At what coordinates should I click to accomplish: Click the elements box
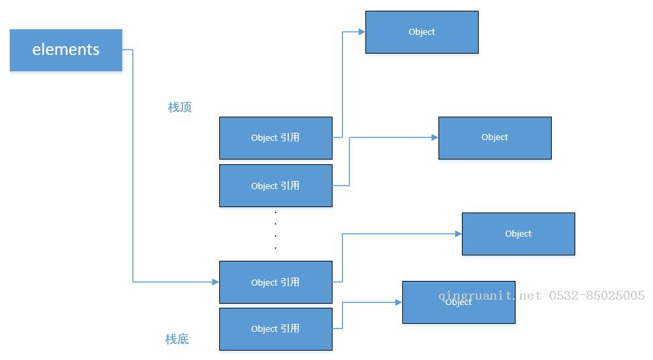tap(66, 50)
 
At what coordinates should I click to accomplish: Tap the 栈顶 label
tap(180, 107)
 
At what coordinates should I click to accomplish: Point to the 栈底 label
tap(177, 339)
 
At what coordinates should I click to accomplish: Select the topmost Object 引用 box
tap(276, 138)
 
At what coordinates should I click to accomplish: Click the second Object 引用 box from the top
tap(276, 186)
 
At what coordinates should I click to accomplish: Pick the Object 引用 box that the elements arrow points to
tap(276, 282)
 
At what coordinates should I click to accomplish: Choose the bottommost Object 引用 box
tap(276, 329)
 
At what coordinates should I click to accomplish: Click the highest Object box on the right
tap(422, 32)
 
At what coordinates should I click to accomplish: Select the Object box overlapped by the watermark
tap(459, 302)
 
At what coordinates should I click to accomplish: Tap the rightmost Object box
tap(518, 234)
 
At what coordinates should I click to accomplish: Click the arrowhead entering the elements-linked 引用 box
tap(216, 282)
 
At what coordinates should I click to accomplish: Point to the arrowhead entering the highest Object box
tap(362, 32)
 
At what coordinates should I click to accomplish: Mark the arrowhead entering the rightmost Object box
tap(459, 234)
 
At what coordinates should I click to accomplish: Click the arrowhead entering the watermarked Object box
tap(398, 302)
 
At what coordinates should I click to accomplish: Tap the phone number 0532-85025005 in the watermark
tap(597, 296)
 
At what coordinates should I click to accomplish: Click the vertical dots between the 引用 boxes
tap(276, 231)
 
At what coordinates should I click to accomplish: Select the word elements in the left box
tap(66, 50)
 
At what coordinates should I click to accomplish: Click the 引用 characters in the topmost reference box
tap(290, 137)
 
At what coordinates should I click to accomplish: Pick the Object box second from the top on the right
tap(495, 138)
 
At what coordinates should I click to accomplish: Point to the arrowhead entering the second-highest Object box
tap(435, 137)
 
